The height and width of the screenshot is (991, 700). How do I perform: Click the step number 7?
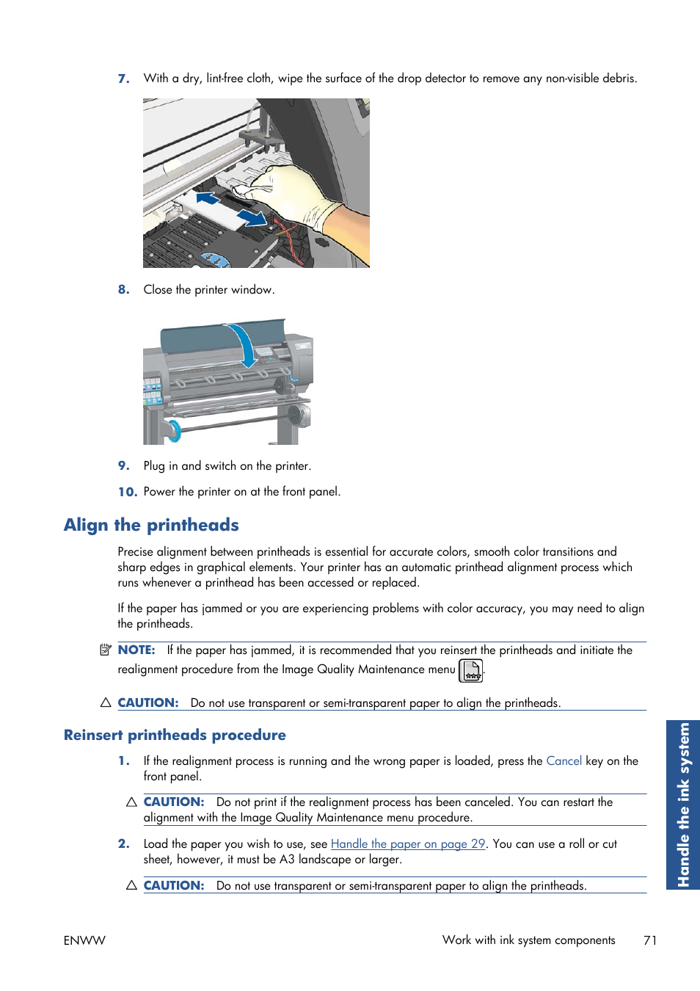point(123,79)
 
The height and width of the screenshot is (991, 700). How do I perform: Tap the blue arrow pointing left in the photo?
point(208,198)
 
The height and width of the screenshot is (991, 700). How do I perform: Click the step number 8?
point(123,290)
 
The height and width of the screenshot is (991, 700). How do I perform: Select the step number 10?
point(127,492)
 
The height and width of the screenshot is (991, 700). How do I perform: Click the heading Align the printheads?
point(151,525)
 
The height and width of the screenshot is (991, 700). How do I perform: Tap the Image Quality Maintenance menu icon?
point(470,670)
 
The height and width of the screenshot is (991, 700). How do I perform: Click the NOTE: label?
point(136,650)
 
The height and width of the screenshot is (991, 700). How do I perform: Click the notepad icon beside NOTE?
point(106,650)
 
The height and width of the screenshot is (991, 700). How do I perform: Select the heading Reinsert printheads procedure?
point(175,735)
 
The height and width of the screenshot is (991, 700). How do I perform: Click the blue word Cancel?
point(564,761)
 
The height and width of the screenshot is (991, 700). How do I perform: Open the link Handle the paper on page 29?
point(408,844)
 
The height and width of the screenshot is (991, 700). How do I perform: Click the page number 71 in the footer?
point(649,940)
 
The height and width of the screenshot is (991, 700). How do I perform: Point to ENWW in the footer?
point(84,940)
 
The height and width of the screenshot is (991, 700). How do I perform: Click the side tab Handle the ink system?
point(683,805)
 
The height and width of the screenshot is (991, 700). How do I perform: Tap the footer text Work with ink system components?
point(528,940)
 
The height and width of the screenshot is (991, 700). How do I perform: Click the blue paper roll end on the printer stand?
point(173,431)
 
